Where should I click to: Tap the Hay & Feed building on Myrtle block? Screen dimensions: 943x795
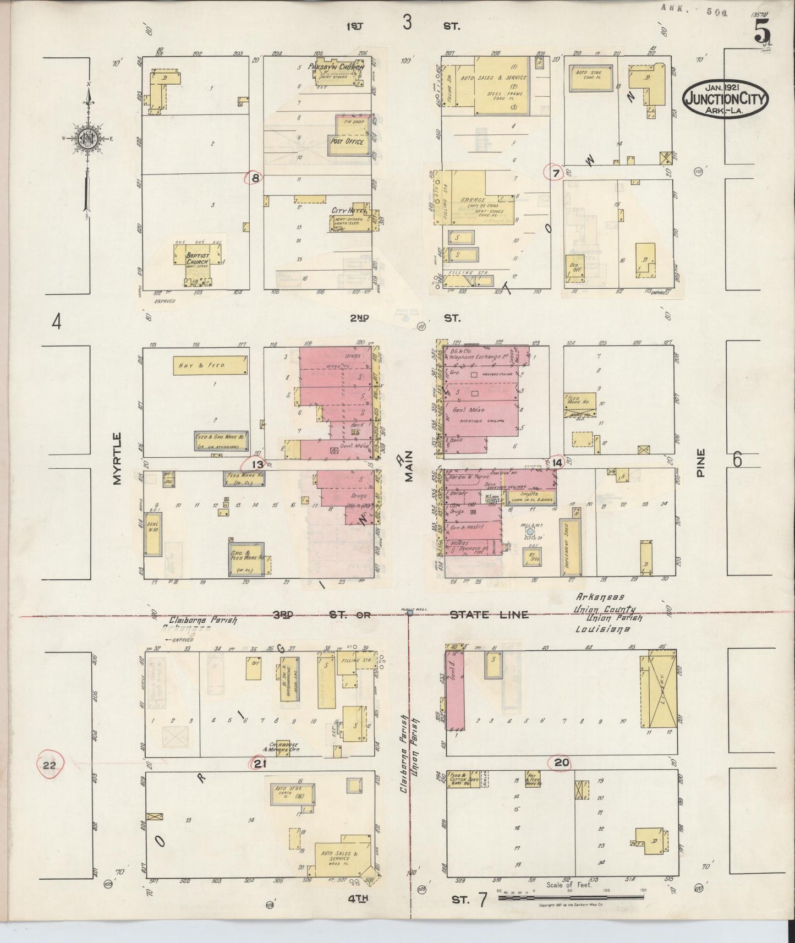210,365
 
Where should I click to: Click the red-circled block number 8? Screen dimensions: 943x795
255,178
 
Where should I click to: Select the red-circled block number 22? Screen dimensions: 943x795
50,765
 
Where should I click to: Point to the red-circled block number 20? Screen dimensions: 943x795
562,763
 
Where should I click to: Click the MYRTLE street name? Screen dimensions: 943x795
116,459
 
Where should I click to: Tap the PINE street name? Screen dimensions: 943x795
700,463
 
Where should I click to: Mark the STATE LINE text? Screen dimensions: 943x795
489,615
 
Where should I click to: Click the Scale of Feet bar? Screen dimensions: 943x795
571,897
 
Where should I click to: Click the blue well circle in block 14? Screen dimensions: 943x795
530,532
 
